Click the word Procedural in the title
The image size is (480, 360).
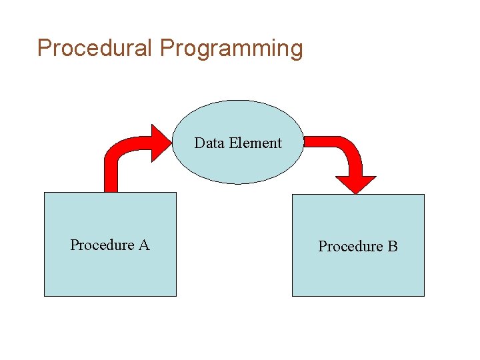(95, 48)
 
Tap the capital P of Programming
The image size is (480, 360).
(167, 48)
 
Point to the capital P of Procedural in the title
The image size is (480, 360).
(44, 48)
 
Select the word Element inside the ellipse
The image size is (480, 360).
(255, 143)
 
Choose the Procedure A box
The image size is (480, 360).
(110, 273)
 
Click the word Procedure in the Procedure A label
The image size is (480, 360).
(102, 245)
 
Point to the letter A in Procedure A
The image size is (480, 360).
(144, 245)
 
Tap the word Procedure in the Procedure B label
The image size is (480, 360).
(350, 247)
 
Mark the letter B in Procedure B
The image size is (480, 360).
(393, 246)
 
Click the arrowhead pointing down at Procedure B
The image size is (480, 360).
(355, 183)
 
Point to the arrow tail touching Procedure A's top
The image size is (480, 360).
(111, 187)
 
